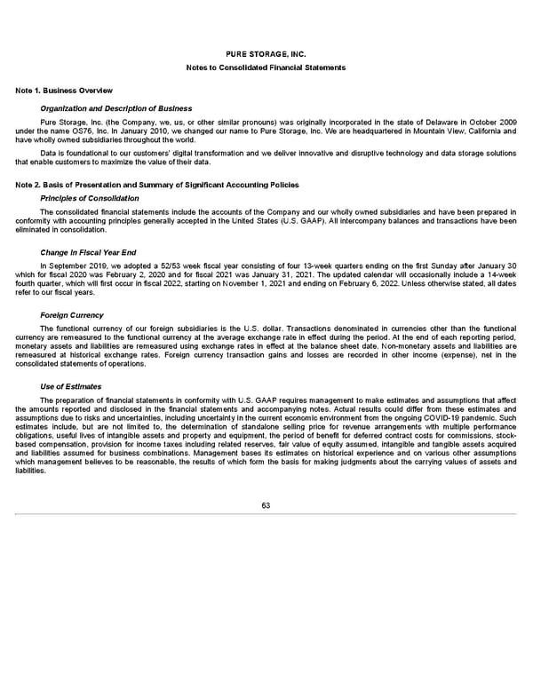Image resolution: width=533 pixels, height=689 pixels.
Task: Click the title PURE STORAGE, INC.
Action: click(266, 55)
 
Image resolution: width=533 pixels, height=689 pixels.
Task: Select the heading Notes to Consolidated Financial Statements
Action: click(266, 68)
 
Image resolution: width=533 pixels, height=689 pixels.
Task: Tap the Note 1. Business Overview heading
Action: click(64, 91)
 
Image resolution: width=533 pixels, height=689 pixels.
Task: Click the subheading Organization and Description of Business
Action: click(116, 108)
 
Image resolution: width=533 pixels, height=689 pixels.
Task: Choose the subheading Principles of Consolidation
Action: click(90, 198)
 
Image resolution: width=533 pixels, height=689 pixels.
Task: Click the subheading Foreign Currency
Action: click(72, 315)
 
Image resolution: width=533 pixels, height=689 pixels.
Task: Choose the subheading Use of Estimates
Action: click(71, 386)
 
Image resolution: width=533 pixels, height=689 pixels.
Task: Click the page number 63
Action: click(266, 505)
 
